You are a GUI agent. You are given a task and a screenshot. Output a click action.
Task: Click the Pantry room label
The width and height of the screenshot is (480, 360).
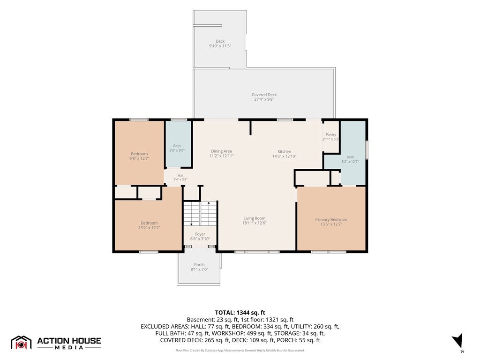pyautogui.click(x=331, y=135)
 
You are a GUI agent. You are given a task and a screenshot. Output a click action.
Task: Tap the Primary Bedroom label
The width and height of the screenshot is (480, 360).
pyautogui.click(x=331, y=219)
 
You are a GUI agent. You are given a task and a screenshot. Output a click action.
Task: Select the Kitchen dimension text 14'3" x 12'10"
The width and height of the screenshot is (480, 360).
pyautogui.click(x=285, y=156)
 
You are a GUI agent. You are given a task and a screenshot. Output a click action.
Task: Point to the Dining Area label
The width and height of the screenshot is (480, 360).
pyautogui.click(x=221, y=151)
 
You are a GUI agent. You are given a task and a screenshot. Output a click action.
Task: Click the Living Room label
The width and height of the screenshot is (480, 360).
pyautogui.click(x=255, y=218)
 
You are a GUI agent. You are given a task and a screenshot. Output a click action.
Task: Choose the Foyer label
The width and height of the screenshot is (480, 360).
pyautogui.click(x=200, y=234)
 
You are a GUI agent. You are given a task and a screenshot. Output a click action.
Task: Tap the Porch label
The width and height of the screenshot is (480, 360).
pyautogui.click(x=199, y=265)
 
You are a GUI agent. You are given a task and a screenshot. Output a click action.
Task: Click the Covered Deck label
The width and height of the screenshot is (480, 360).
pyautogui.click(x=264, y=95)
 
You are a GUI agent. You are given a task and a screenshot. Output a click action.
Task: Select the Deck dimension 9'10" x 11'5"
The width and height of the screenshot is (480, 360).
pyautogui.click(x=220, y=46)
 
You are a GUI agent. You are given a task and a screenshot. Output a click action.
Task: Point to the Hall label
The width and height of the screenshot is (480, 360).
pyautogui.click(x=180, y=175)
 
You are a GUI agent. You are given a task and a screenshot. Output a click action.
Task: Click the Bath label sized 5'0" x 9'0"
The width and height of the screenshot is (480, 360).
pyautogui.click(x=177, y=146)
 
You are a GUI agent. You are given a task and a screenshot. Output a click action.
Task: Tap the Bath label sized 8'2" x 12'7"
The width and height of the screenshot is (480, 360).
pyautogui.click(x=350, y=157)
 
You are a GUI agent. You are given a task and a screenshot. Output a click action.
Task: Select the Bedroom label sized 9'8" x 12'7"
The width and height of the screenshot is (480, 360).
pyautogui.click(x=139, y=154)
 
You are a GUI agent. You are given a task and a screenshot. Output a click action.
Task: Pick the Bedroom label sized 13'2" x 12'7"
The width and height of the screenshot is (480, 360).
pyautogui.click(x=149, y=223)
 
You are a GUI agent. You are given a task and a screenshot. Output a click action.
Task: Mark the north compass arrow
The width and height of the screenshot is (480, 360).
pyautogui.click(x=458, y=340)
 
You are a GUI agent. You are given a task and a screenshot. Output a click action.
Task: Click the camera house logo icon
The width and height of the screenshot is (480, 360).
pyautogui.click(x=21, y=343)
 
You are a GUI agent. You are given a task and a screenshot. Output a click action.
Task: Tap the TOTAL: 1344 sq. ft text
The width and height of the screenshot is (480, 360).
pyautogui.click(x=240, y=313)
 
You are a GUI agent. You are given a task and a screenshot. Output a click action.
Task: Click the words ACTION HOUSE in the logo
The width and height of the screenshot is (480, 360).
pyautogui.click(x=69, y=341)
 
